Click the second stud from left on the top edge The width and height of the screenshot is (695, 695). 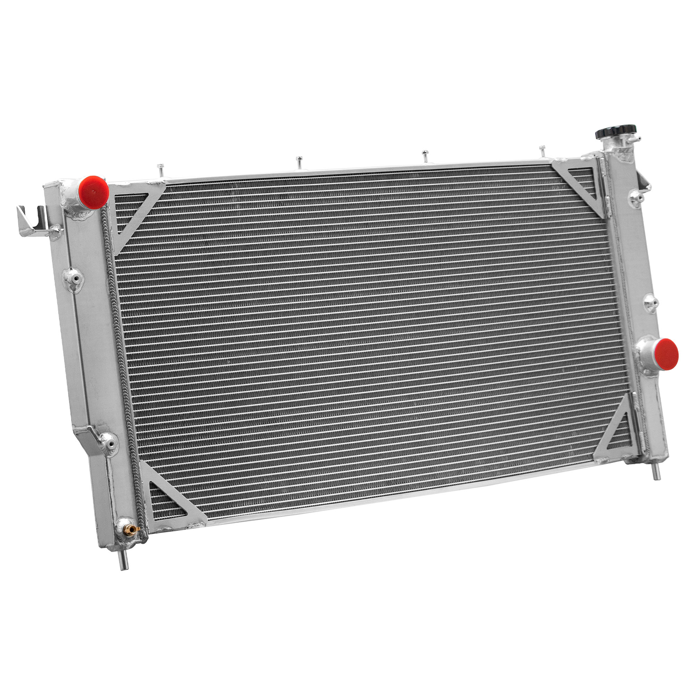[299, 161]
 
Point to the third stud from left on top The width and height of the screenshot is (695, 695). [424, 155]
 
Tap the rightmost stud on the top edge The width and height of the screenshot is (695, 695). [542, 150]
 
